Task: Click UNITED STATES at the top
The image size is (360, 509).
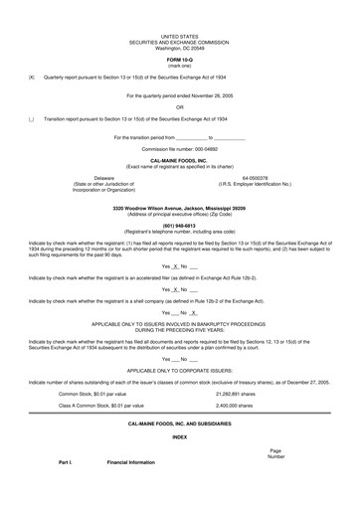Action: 179,35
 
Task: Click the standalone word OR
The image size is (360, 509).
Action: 179,106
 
